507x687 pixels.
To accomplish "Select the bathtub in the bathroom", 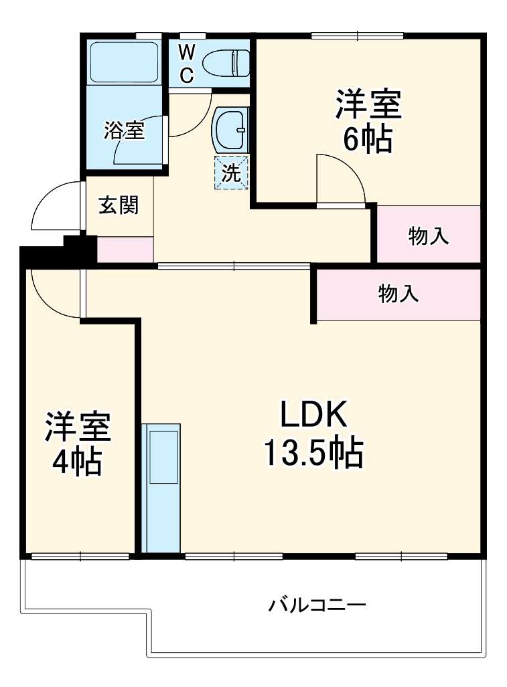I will click(x=124, y=62).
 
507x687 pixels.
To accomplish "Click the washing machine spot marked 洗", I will click(x=231, y=173).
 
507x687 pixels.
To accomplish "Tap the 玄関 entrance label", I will click(x=119, y=205).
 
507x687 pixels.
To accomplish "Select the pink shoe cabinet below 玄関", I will click(x=126, y=250).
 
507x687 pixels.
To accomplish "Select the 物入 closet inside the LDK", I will click(x=399, y=294).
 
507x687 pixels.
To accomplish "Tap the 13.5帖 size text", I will click(x=312, y=454).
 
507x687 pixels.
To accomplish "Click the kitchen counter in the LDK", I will click(x=161, y=488).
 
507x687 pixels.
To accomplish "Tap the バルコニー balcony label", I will click(x=317, y=606).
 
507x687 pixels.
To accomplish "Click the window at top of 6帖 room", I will click(x=357, y=35).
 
